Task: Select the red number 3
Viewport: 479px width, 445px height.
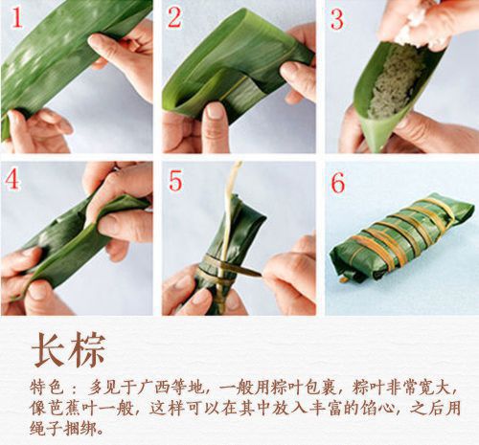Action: click(x=337, y=17)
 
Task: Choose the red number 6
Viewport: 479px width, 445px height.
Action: click(x=337, y=180)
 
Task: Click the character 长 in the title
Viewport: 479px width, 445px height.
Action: click(x=48, y=347)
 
